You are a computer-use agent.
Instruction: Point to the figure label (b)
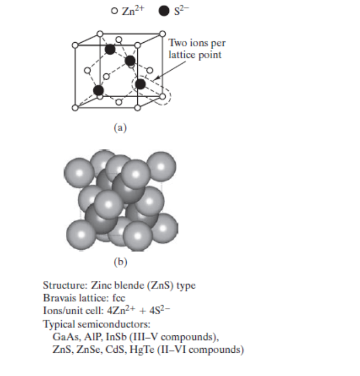click(x=121, y=260)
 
